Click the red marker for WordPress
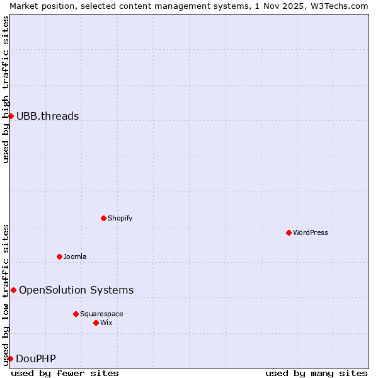click(289, 232)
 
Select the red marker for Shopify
click(103, 218)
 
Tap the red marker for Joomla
click(59, 256)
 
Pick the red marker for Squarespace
click(76, 314)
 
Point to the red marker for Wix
click(96, 323)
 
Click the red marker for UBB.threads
click(11, 116)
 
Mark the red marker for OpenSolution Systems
click(13, 290)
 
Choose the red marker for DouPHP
click(10, 358)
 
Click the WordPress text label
click(311, 232)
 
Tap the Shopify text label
click(120, 218)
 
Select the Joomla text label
click(75, 256)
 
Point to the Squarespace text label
click(101, 314)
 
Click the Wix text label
click(106, 323)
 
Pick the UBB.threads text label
click(48, 116)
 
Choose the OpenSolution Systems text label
click(76, 290)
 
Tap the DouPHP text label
click(36, 358)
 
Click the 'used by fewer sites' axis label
click(65, 373)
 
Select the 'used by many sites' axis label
click(316, 373)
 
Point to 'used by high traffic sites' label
click(6, 89)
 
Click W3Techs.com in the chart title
click(340, 6)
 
